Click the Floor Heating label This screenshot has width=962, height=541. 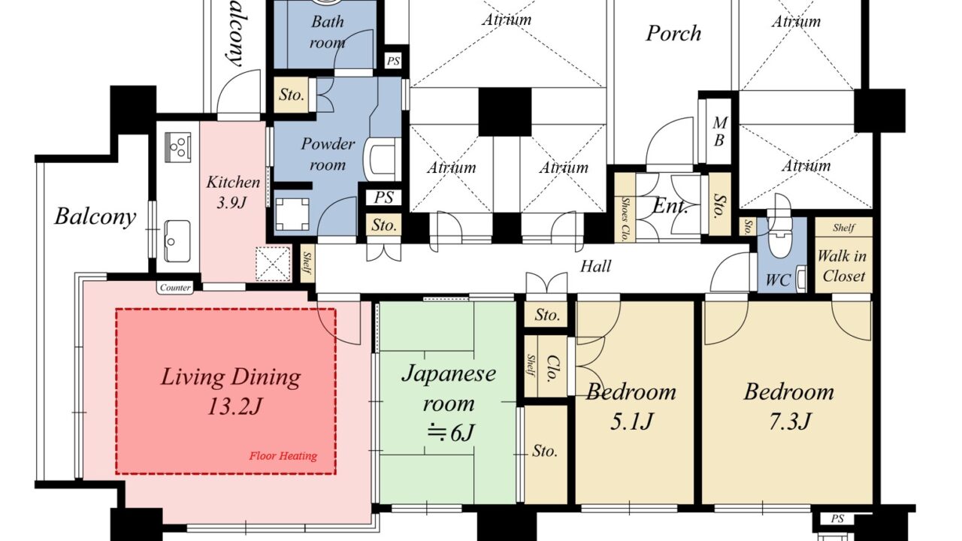coord(283,456)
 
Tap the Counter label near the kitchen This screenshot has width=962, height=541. coord(175,288)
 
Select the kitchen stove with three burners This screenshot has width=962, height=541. coord(178,147)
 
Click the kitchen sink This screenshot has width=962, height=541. coord(177,241)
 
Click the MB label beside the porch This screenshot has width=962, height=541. coord(719,131)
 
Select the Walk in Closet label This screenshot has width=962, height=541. coord(843,266)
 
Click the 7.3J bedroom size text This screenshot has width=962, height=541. coord(789,422)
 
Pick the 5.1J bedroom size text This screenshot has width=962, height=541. coord(631,422)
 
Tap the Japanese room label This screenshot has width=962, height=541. coord(449,388)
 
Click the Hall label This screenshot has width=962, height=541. coord(595,266)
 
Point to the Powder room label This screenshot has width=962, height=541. coord(328,154)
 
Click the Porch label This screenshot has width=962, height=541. coord(673,33)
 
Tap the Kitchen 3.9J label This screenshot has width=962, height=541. coord(233,192)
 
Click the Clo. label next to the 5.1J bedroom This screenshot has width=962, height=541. coord(552,368)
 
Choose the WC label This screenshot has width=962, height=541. coord(778,280)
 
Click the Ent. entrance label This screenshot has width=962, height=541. coord(670,207)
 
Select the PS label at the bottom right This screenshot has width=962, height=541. coord(837,518)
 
